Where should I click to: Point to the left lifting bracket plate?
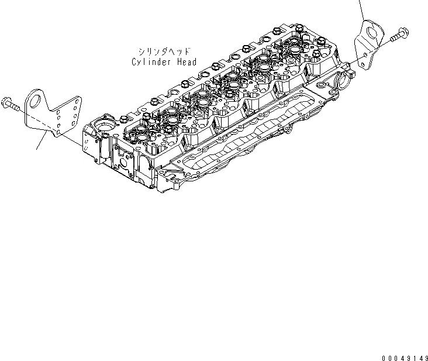coord(48,120)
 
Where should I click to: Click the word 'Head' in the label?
coord(187,62)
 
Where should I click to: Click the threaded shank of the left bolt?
coord(17,108)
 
